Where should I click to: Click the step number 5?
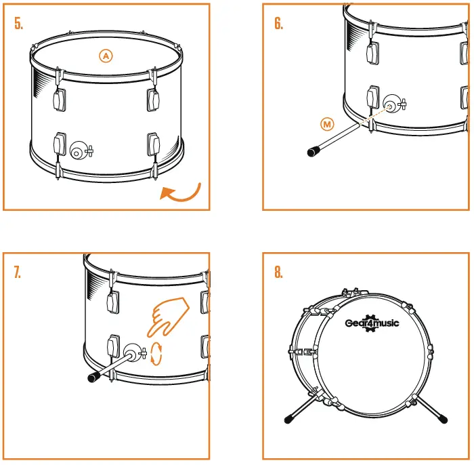coord(19,24)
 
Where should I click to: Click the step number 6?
coord(279,24)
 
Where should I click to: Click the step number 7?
coord(18,272)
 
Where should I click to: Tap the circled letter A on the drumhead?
coord(106,56)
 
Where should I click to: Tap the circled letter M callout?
coord(328,124)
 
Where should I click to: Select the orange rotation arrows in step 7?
coord(157,353)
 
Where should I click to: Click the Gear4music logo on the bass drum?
coord(372,322)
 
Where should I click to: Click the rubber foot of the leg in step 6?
coord(313,152)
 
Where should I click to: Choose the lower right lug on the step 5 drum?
coord(153,144)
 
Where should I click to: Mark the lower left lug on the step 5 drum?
coord(60,144)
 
